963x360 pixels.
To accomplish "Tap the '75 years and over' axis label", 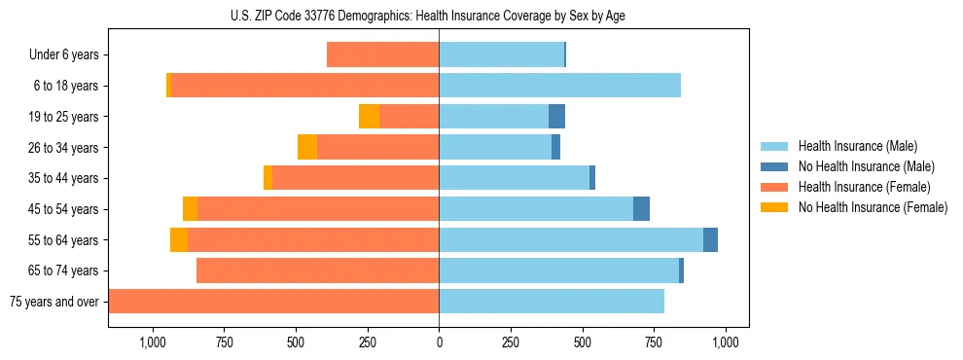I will coord(54,302).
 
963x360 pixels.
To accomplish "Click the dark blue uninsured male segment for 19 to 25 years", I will coord(556,117).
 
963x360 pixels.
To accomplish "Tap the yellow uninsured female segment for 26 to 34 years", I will coord(307,147).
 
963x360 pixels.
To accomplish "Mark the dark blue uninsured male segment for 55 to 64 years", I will coord(710,239).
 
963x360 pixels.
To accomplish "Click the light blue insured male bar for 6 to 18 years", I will coord(559,86).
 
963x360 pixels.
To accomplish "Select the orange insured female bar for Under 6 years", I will coord(382,54).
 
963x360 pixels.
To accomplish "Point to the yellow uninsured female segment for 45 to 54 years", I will coord(191,209).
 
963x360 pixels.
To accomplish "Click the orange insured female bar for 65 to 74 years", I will coord(317,270).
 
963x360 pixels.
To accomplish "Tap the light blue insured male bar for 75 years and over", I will coord(552,302).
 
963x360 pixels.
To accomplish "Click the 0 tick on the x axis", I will coord(439,342).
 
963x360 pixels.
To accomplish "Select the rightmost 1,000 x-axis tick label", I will coord(726,342).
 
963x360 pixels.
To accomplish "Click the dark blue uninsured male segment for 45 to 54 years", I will coord(641,209).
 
